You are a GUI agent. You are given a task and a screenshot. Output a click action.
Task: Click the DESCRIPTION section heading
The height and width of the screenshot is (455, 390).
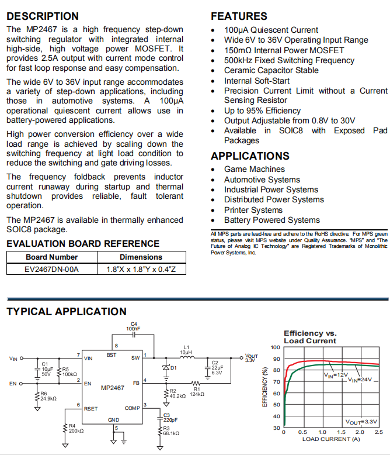point(42,16)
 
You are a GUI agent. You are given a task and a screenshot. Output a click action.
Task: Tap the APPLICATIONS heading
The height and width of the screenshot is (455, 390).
point(250,156)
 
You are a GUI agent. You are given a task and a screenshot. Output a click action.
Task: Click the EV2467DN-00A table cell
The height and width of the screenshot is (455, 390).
point(51,269)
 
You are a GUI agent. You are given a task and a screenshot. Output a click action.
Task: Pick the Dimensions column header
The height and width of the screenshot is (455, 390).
point(141,257)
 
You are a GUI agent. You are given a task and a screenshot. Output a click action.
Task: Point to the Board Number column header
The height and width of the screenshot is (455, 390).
point(51,257)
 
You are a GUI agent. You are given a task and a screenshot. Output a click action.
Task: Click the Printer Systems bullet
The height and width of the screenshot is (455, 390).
point(253,210)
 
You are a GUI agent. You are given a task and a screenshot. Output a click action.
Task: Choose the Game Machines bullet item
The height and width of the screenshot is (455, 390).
point(255,170)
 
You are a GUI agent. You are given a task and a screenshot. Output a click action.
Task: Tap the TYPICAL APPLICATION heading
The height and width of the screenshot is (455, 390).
point(66,312)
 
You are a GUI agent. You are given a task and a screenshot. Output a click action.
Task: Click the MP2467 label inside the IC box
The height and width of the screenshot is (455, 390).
point(113,388)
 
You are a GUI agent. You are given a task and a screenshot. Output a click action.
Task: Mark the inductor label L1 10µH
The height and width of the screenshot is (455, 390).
point(186,350)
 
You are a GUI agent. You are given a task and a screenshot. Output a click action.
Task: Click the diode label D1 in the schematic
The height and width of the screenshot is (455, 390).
point(173,368)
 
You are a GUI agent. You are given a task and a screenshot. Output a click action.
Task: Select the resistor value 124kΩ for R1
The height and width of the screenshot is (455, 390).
point(197,394)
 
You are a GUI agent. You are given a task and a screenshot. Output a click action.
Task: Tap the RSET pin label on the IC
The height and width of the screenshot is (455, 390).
point(92,408)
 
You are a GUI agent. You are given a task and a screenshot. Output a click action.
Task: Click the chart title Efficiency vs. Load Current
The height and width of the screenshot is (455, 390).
point(310,337)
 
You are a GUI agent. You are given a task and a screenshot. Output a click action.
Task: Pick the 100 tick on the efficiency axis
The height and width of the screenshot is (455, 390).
point(276,347)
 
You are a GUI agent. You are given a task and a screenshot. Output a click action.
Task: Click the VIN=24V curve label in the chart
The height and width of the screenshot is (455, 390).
point(360,380)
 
